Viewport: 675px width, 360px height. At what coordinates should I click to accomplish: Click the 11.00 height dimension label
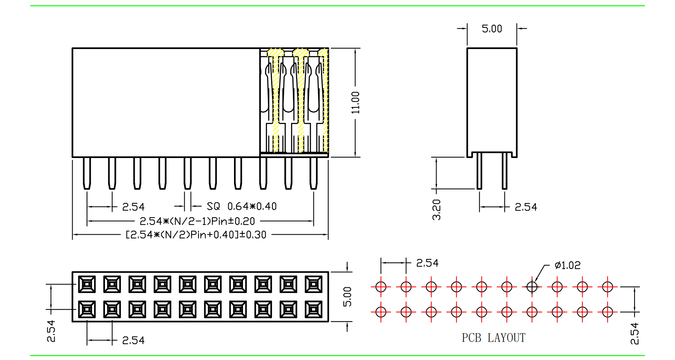tap(355, 102)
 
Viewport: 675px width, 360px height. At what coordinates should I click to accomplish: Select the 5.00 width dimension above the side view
tap(492, 29)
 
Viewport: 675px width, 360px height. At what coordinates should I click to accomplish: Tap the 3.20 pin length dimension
tap(437, 210)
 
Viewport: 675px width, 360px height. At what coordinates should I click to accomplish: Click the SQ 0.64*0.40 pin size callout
tap(242, 207)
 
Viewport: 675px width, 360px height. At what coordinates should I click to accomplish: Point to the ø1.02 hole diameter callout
tap(567, 265)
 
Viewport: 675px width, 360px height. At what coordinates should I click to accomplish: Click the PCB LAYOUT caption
tap(493, 338)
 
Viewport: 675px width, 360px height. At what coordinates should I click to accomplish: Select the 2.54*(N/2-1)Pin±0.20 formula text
tap(197, 221)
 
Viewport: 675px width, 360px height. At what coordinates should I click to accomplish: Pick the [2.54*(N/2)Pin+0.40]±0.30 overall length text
tap(196, 235)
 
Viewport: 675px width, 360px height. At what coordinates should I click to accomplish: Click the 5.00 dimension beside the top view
tap(347, 297)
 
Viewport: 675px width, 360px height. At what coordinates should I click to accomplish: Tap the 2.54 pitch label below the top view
tap(133, 340)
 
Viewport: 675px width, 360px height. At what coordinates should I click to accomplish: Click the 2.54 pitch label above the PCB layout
tap(427, 263)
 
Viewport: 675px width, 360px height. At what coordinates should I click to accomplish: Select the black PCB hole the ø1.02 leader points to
tap(532, 287)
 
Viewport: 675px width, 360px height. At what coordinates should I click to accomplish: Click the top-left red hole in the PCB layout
tap(381, 287)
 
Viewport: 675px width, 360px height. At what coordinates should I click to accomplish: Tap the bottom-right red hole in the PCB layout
tap(607, 312)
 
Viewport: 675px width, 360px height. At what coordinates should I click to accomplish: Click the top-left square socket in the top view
tap(87, 284)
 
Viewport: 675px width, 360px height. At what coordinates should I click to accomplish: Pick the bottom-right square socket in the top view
tap(314, 309)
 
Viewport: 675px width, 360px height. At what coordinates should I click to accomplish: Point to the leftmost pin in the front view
tap(87, 173)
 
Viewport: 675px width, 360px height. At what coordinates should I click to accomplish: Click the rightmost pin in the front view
tap(314, 173)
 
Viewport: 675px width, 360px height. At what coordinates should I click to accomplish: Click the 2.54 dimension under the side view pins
tap(526, 207)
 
